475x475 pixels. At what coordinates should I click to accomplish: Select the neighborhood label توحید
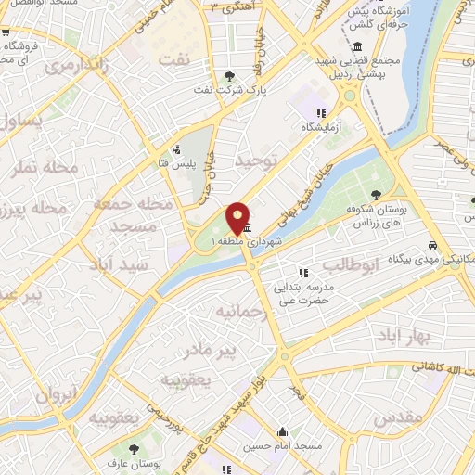point(257,163)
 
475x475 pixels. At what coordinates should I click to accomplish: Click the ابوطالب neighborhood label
point(351,264)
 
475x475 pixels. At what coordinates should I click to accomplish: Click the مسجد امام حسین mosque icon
point(282,431)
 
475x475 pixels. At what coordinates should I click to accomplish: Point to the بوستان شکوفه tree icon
point(375,194)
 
